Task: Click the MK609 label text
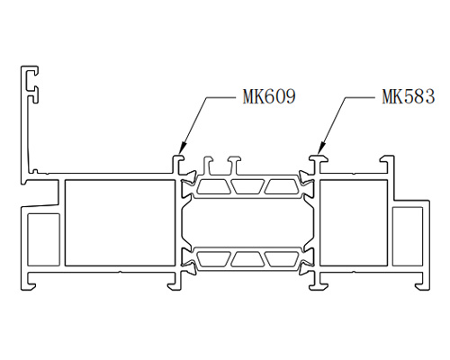tap(269, 96)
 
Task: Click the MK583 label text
tap(409, 96)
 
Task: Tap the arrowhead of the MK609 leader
tap(182, 148)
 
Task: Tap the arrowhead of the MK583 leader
tap(321, 148)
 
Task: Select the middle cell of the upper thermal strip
tap(247, 186)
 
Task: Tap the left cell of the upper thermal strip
tap(213, 186)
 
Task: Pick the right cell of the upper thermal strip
tap(282, 186)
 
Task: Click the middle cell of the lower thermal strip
tap(247, 259)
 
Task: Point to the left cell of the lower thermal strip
tap(213, 259)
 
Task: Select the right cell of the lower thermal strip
tap(282, 259)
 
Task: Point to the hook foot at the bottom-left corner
tap(29, 284)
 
